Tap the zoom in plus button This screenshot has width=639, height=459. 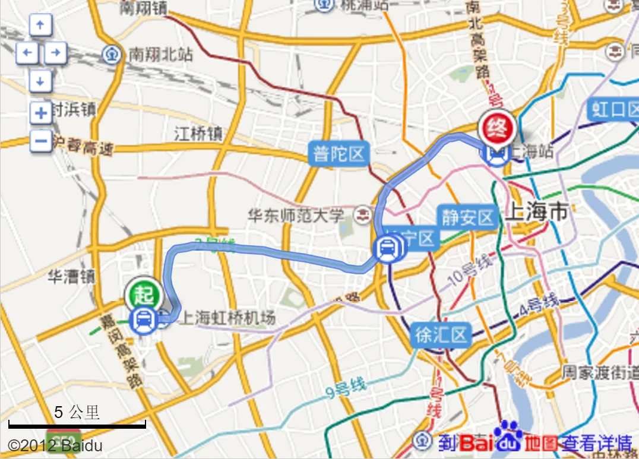pyautogui.click(x=40, y=113)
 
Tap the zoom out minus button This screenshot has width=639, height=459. pyautogui.click(x=40, y=141)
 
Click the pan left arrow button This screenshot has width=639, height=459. pyautogui.click(x=27, y=53)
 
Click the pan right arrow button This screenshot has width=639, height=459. pyautogui.click(x=55, y=53)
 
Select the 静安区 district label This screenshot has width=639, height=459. pyautogui.click(x=467, y=217)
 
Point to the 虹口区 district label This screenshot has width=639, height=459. pyautogui.click(x=612, y=110)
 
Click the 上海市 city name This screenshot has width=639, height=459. pyautogui.click(x=536, y=212)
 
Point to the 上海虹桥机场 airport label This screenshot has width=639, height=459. pyautogui.click(x=228, y=318)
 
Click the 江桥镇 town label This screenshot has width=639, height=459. pyautogui.click(x=198, y=134)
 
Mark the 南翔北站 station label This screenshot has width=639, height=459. pyautogui.click(x=160, y=55)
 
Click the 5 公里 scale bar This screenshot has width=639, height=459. pyautogui.click(x=77, y=424)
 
